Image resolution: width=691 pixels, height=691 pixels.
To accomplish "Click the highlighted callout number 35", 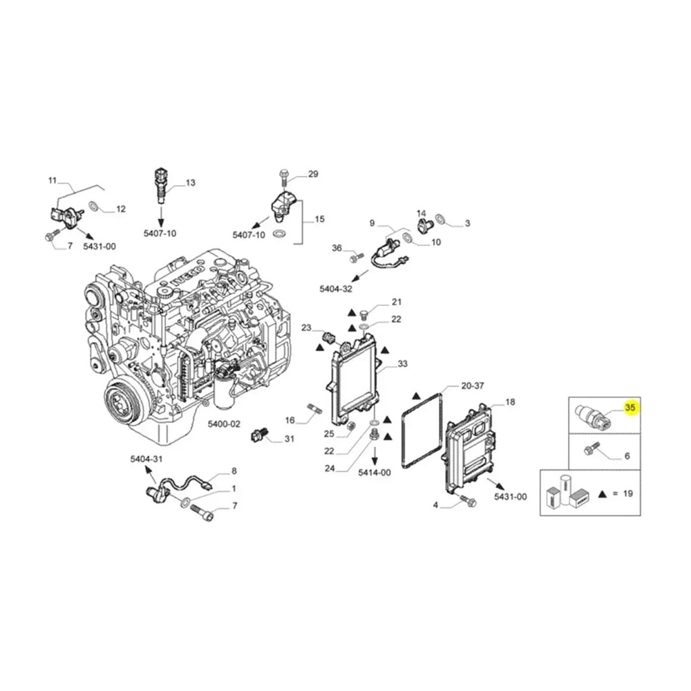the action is coord(630,408).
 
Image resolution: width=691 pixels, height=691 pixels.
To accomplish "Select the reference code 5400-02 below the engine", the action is coord(225,424).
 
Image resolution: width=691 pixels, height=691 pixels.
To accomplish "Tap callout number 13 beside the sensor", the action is coord(191,182).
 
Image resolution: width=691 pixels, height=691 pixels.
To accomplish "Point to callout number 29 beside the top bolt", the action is coord(313,174).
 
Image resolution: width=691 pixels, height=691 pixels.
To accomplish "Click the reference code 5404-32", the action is coord(336,289).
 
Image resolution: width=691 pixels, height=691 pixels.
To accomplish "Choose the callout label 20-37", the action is coord(473,386).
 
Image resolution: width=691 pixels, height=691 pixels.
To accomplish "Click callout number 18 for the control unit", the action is coord(510,402).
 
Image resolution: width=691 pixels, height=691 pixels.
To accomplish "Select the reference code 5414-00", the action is coord(375,473).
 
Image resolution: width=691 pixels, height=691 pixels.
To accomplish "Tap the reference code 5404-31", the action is coord(146,460).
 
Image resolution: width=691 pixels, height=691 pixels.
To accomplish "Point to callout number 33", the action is coord(403,363).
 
